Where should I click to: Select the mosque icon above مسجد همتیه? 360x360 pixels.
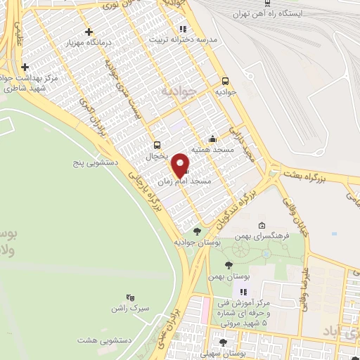pyautogui.click(x=213, y=139)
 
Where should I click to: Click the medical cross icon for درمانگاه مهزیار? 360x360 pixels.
pyautogui.click(x=89, y=32)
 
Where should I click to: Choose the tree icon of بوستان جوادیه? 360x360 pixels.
pyautogui.click(x=197, y=231)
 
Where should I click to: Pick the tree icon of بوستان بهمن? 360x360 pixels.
pyautogui.click(x=227, y=265)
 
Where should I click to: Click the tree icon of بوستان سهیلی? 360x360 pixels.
pyautogui.click(x=223, y=342)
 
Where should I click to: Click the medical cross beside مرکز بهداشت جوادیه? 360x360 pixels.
pyautogui.click(x=25, y=67)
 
